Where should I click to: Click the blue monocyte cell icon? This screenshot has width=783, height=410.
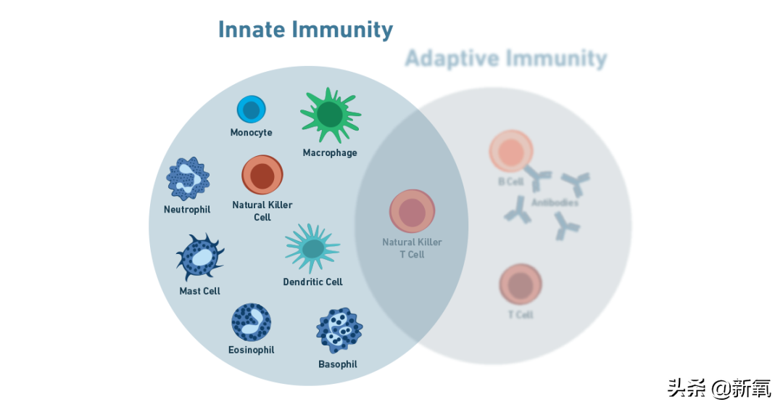pyautogui.click(x=251, y=110)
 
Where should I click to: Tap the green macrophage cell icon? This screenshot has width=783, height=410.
pyautogui.click(x=330, y=115)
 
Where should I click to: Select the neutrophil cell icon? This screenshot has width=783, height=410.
pyautogui.click(x=188, y=178)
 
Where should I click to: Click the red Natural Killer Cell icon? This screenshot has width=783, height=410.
pyautogui.click(x=262, y=175)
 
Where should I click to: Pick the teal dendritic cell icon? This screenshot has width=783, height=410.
pyautogui.click(x=312, y=248)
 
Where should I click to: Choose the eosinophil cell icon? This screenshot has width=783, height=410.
pyautogui.click(x=251, y=323)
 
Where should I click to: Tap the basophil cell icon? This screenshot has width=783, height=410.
pyautogui.click(x=339, y=331)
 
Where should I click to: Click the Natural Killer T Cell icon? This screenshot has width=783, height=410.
pyautogui.click(x=412, y=211)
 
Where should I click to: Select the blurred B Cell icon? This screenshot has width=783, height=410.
pyautogui.click(x=511, y=152)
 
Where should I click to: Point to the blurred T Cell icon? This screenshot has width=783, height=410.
pyautogui.click(x=521, y=284)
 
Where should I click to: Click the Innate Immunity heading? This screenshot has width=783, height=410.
pyautogui.click(x=305, y=30)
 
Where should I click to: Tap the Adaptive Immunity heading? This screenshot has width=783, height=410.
pyautogui.click(x=505, y=58)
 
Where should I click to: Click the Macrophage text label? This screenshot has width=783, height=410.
pyautogui.click(x=330, y=153)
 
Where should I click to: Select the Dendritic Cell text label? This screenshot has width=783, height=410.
pyautogui.click(x=312, y=282)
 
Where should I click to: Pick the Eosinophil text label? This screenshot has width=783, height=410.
pyautogui.click(x=251, y=350)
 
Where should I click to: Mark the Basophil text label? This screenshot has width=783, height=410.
pyautogui.click(x=338, y=364)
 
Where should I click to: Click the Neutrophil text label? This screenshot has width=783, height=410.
pyautogui.click(x=187, y=210)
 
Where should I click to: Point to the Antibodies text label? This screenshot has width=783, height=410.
pyautogui.click(x=555, y=203)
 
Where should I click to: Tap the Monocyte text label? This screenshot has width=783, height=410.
pyautogui.click(x=251, y=133)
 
